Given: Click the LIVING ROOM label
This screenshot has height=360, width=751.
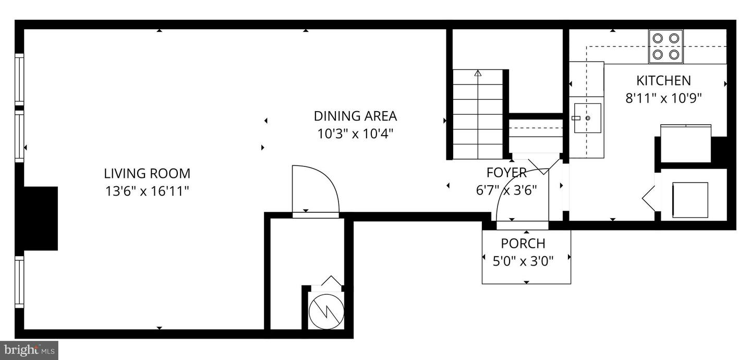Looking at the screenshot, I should (147, 173).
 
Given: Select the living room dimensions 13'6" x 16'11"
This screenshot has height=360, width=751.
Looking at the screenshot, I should (147, 191).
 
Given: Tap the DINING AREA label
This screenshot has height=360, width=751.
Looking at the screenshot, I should (355, 116).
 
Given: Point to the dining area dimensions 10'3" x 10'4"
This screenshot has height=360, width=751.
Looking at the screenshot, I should (355, 134).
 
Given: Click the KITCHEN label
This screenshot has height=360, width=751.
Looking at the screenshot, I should (663, 80).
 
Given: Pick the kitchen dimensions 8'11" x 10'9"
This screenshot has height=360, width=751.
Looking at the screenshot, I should (663, 98).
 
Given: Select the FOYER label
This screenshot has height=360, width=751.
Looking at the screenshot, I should (506, 173).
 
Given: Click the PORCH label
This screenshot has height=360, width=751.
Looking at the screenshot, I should (523, 243).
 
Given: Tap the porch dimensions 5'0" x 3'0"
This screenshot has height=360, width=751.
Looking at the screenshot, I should (523, 260).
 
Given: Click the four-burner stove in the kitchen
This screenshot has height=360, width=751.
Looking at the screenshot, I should (666, 46).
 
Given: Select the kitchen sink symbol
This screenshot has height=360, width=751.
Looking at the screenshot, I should (587, 118).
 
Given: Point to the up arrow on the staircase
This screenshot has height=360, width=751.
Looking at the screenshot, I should (478, 74).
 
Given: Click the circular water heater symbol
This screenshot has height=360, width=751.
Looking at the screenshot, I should (326, 311).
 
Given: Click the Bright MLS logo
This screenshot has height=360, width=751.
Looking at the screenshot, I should (29, 350).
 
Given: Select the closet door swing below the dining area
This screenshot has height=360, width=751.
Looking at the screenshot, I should (315, 189).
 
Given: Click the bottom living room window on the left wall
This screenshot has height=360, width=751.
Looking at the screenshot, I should (19, 282).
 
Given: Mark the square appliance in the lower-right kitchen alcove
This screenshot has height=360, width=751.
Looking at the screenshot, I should (689, 199).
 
